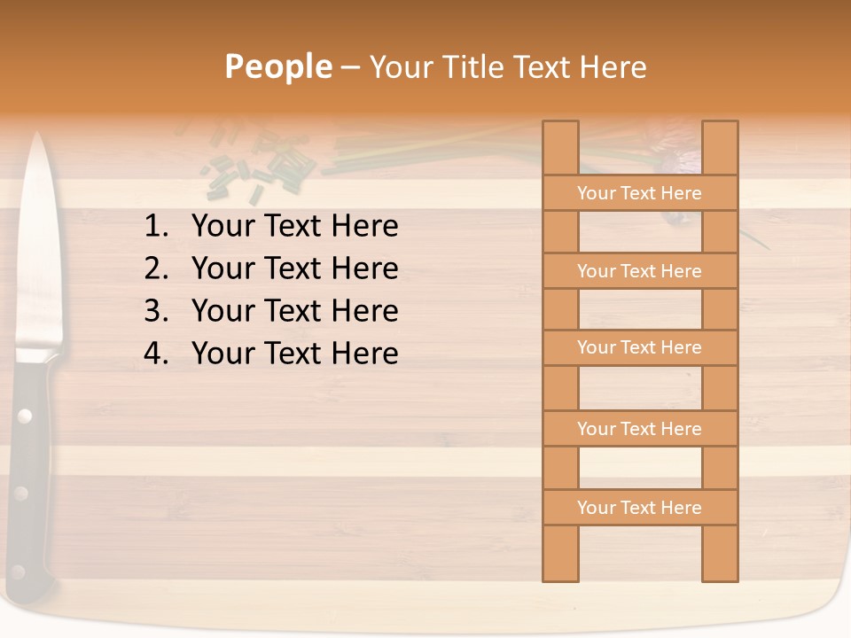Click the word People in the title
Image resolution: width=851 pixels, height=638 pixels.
[x=277, y=66]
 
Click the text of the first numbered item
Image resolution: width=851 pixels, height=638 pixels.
[x=294, y=227]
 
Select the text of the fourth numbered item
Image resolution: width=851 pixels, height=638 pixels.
[x=294, y=354]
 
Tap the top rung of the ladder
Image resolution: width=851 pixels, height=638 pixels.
[x=639, y=193]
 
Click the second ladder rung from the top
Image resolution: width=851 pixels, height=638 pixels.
[x=639, y=271]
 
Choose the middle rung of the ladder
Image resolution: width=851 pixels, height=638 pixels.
[x=639, y=347]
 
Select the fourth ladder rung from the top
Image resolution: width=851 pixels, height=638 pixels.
[x=639, y=429]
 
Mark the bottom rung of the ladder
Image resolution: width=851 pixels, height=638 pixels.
[x=639, y=508]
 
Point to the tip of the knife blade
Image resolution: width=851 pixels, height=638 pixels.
[x=37, y=136]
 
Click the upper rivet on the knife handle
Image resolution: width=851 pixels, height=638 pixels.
[x=25, y=415]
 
